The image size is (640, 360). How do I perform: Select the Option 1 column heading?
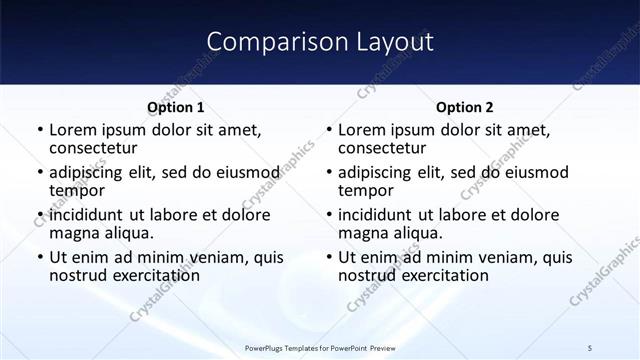point(176,107)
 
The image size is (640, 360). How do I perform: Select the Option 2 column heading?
point(465,107)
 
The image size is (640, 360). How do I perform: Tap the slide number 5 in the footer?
point(590,347)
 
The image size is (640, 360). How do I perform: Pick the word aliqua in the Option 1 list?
point(126,232)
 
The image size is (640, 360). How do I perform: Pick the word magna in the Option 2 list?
point(363,232)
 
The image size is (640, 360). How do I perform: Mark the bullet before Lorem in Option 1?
point(39,131)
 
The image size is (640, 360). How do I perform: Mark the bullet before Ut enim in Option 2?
point(328,258)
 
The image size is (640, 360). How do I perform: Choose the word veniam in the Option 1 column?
point(221,258)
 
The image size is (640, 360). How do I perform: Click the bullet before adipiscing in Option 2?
point(328,173)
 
